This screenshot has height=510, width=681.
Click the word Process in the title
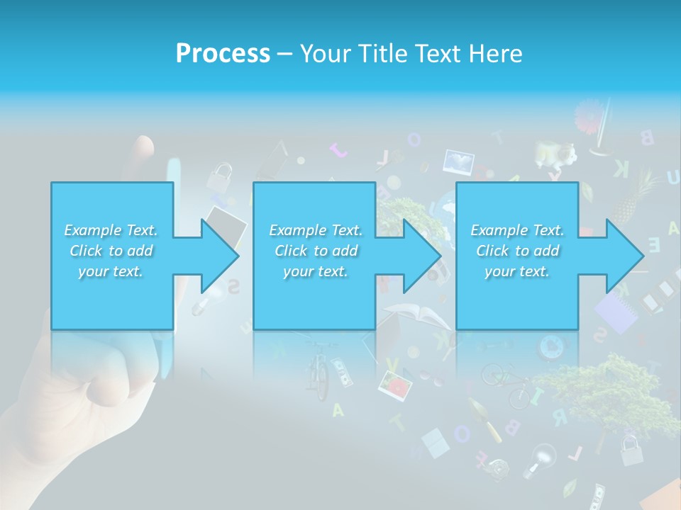(x=223, y=53)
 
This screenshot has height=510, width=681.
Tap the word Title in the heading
(x=382, y=53)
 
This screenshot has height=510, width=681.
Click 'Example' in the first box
(x=93, y=230)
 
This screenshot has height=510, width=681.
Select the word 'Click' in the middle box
(x=290, y=251)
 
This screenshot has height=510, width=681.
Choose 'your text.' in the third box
(x=516, y=271)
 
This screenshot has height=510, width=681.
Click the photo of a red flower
(x=396, y=385)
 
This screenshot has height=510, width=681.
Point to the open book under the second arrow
(x=411, y=314)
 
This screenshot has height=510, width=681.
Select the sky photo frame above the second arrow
(x=458, y=162)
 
